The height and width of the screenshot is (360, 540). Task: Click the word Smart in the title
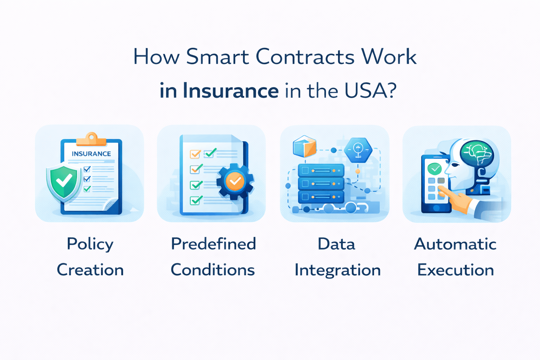coord(217,57)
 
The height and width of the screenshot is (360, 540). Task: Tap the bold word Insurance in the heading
coord(231,91)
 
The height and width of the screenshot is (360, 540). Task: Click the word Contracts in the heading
coord(305,57)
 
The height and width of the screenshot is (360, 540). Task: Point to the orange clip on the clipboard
coord(91,140)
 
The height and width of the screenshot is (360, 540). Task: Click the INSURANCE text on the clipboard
coord(91,154)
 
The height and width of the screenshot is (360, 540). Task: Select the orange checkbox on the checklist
coord(195,154)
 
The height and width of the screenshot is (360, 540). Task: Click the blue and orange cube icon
coord(304,146)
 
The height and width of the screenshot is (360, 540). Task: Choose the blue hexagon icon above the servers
coord(358,150)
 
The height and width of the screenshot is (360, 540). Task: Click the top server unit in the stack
coord(321,171)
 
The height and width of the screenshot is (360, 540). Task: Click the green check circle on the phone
coord(435,169)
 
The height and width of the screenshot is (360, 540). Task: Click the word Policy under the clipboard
coord(90,244)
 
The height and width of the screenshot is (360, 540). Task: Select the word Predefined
coord(213,244)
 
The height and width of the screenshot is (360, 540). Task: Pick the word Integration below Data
coord(337,270)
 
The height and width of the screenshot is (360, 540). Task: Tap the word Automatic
coord(455,244)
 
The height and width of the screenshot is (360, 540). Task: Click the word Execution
coord(455,270)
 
